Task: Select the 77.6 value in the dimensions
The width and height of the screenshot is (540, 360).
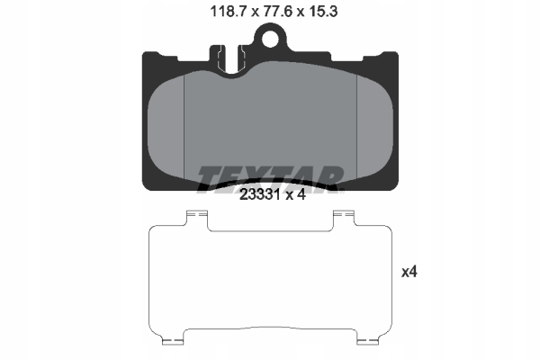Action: pyautogui.click(x=270, y=11)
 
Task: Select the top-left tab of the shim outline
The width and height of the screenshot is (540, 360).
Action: pyautogui.click(x=195, y=216)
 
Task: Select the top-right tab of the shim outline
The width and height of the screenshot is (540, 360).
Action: pyautogui.click(x=345, y=216)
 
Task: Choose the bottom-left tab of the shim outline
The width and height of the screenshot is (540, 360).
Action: pyautogui.click(x=174, y=342)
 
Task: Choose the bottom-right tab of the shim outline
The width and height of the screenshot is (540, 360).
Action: pyautogui.click(x=366, y=342)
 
